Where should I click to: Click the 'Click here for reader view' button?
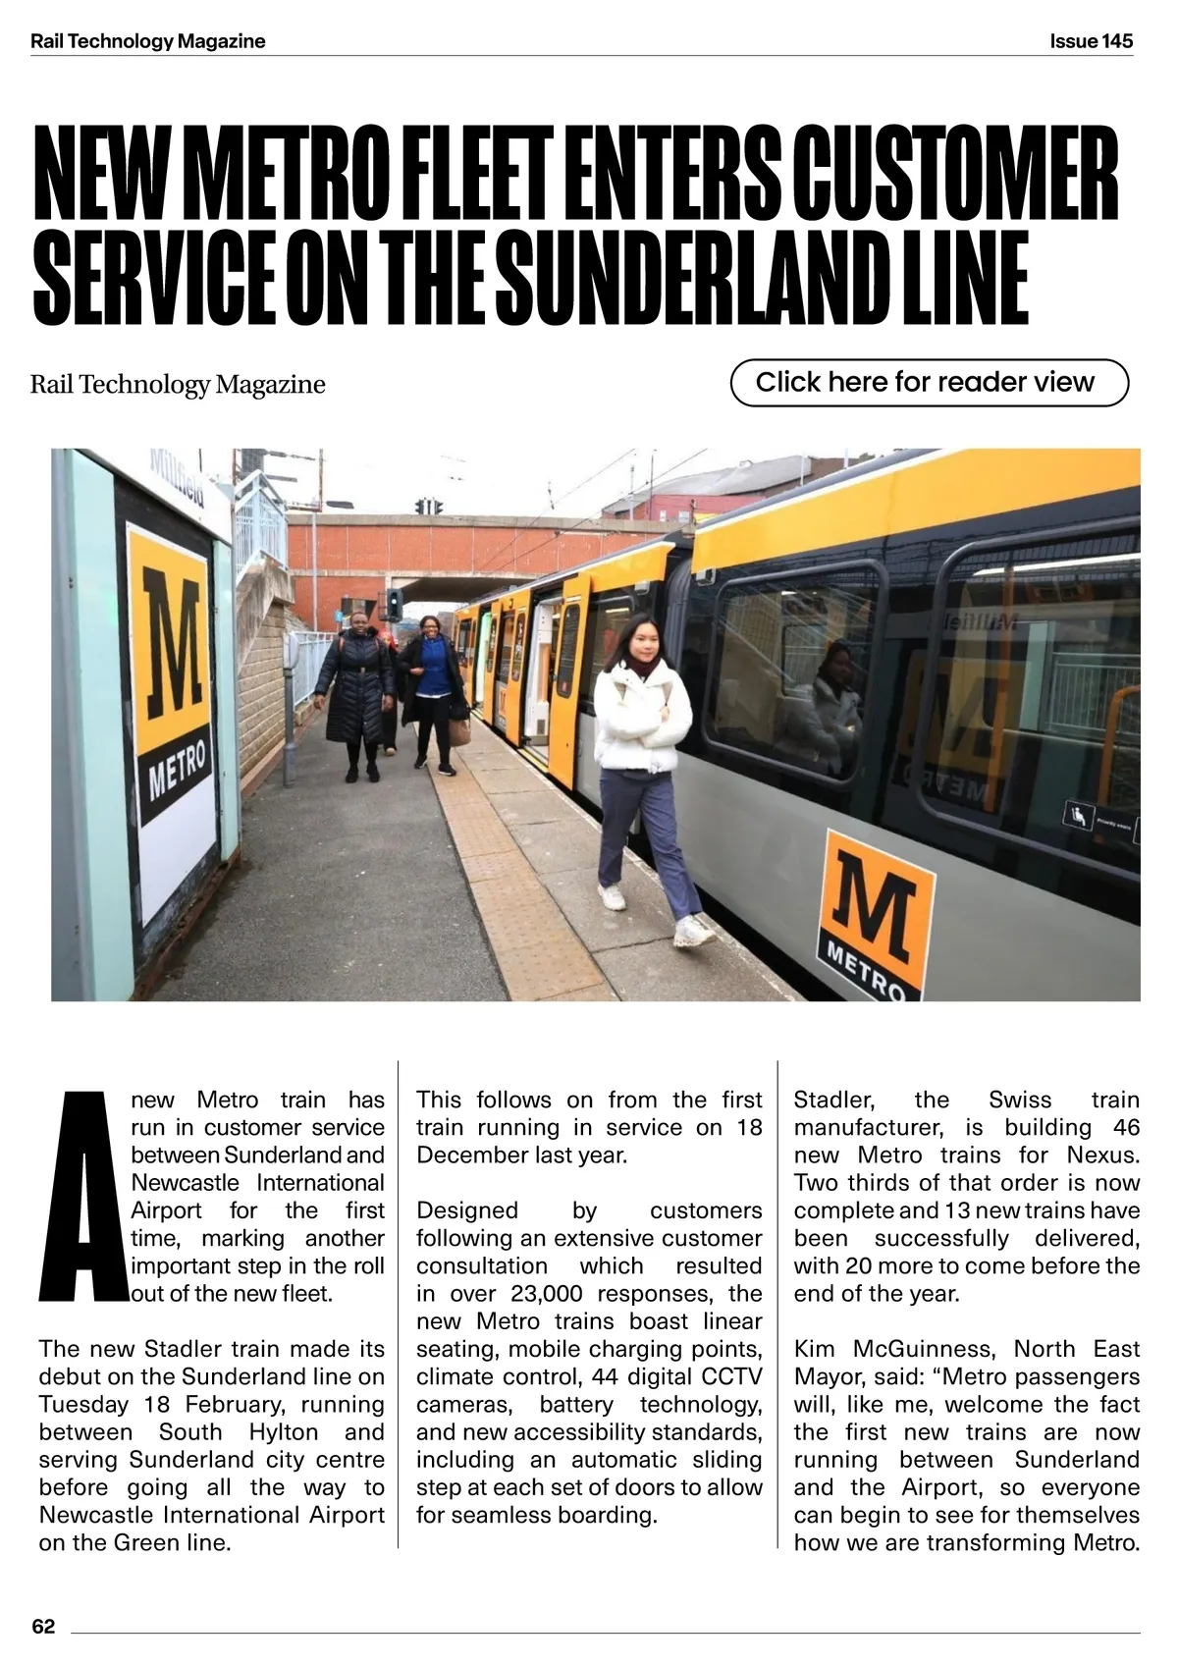tap(929, 382)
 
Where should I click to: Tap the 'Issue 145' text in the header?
tap(1091, 41)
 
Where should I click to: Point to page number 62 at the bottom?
tap(44, 1626)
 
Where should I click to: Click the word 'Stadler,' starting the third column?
tap(833, 1100)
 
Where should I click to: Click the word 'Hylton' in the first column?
tap(284, 1432)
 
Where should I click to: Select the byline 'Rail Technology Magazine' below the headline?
tap(178, 384)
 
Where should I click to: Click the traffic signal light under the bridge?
tap(395, 601)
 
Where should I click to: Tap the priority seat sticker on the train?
tap(1076, 814)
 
